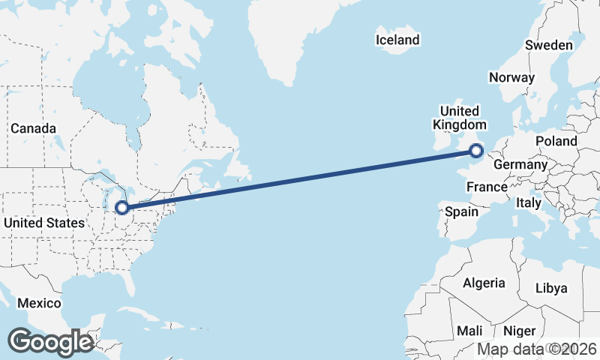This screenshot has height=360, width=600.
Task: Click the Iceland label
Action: [397, 40]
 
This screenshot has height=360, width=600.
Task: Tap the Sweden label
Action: [548, 45]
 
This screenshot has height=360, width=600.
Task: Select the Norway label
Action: [511, 77]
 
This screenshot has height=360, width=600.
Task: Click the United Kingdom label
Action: [460, 117]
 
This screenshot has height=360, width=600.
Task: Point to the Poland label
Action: [556, 141]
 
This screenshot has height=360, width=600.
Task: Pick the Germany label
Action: [521, 164]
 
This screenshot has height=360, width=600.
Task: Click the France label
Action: [487, 186]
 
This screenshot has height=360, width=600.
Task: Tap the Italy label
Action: [528, 202]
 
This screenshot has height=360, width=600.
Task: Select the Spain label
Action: [461, 211]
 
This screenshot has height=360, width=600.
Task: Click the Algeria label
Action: [484, 283]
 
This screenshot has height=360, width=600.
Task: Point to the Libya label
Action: [551, 288]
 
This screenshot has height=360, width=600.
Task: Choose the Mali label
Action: [469, 331]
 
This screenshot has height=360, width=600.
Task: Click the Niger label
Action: [519, 331]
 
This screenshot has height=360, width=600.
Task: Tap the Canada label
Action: [33, 128]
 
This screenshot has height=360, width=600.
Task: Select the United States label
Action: [44, 223]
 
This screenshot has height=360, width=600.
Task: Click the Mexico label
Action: [39, 303]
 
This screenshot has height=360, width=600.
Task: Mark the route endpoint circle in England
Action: [475, 151]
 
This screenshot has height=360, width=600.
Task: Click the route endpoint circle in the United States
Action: [121, 208]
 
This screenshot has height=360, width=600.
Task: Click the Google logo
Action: [50, 342]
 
